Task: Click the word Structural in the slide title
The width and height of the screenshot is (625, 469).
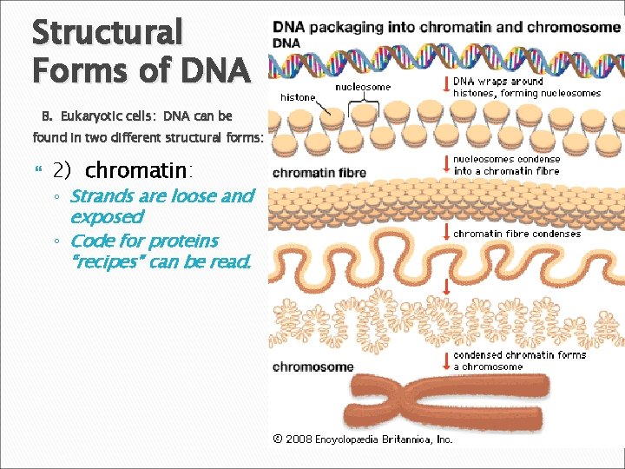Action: [x=107, y=33]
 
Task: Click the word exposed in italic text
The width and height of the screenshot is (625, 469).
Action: [x=106, y=217]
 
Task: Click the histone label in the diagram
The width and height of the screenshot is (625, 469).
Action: [x=298, y=97]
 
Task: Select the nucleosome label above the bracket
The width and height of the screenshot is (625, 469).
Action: [x=363, y=87]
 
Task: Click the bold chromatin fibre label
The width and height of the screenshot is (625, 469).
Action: [x=319, y=173]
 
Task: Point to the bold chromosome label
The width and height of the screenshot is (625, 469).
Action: [x=312, y=367]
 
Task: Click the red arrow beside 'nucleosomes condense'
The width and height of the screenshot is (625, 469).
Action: [x=445, y=162]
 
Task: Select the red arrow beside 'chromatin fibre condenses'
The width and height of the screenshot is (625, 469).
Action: [x=445, y=233]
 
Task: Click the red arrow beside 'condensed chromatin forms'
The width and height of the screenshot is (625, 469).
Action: [x=445, y=359]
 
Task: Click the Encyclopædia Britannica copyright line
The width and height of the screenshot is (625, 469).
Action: [x=363, y=439]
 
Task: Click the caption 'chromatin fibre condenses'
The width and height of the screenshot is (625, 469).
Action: [x=517, y=234]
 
